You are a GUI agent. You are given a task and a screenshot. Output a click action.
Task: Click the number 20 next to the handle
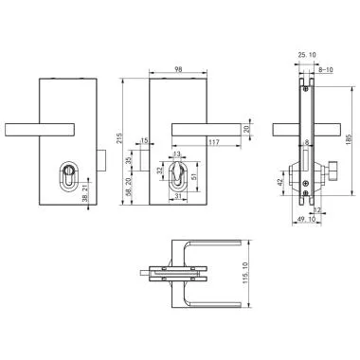(247, 129)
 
